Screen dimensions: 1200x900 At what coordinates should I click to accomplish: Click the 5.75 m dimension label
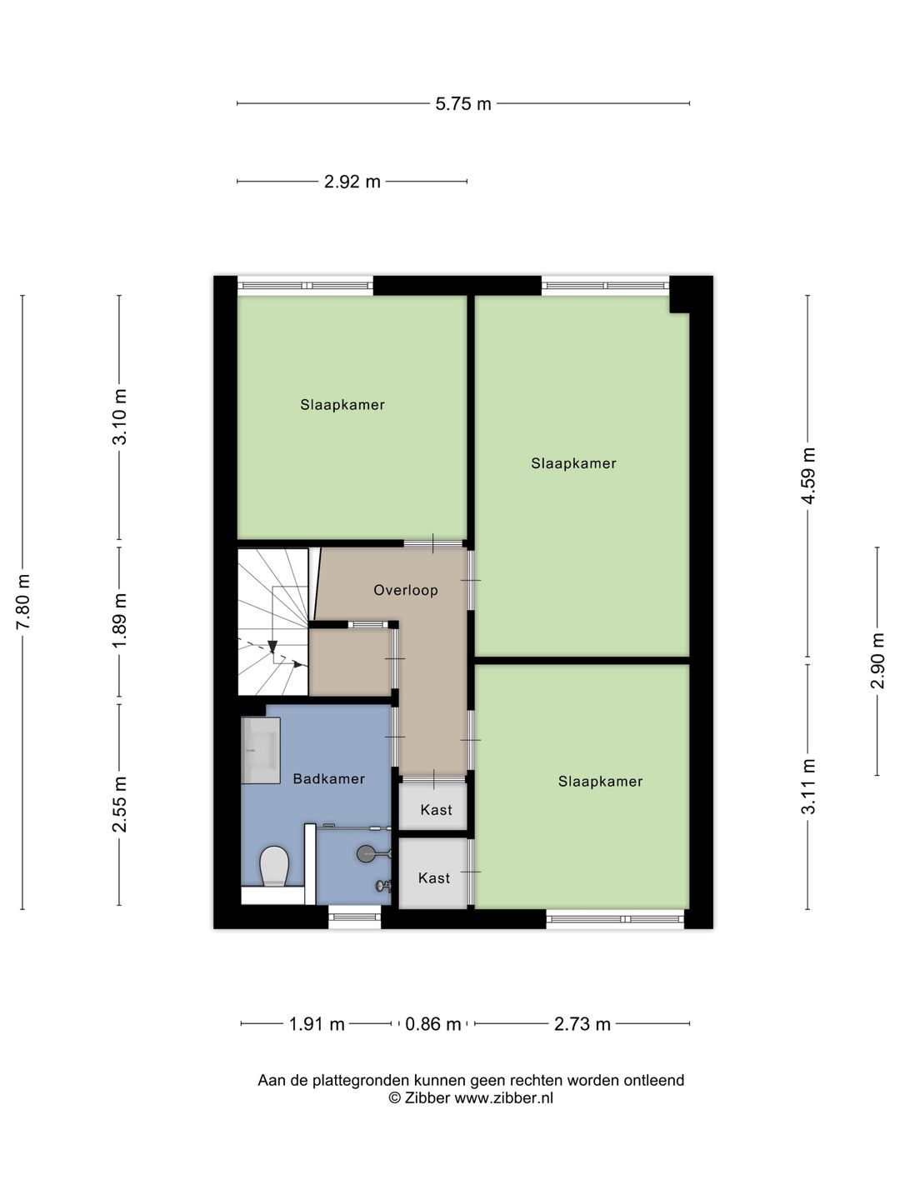coord(463,104)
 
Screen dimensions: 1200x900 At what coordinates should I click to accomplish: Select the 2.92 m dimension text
coord(352,182)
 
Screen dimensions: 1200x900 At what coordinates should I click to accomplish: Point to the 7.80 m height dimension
coord(23,602)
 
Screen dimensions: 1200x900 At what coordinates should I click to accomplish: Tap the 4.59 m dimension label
coord(807,475)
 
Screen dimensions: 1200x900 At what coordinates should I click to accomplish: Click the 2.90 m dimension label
coord(877,661)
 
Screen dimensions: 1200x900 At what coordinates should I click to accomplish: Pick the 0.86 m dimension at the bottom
coord(432,1024)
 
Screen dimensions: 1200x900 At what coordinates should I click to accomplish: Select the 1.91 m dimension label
coord(317,1024)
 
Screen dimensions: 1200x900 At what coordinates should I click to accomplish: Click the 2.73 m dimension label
coord(582,1024)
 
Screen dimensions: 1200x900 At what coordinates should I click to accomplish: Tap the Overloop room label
coord(406,590)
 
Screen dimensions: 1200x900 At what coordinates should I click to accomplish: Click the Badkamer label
coord(329,779)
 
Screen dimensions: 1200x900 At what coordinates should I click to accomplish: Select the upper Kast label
coord(436,810)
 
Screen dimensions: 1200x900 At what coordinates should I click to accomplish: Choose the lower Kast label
coord(434,878)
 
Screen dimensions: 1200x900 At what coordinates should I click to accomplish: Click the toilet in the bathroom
coord(273,867)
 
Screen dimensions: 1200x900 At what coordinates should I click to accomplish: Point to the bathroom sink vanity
coord(261,750)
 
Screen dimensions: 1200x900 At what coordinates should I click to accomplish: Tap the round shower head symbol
coord(366,853)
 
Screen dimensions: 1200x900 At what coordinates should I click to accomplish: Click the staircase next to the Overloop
coord(272,621)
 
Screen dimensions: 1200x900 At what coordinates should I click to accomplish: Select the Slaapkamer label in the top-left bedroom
coord(342,405)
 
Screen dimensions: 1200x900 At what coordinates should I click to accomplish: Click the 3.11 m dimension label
coord(807,787)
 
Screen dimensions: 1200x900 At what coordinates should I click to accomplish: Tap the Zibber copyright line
coord(471,1098)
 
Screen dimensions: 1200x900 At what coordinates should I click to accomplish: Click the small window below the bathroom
coord(354,917)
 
